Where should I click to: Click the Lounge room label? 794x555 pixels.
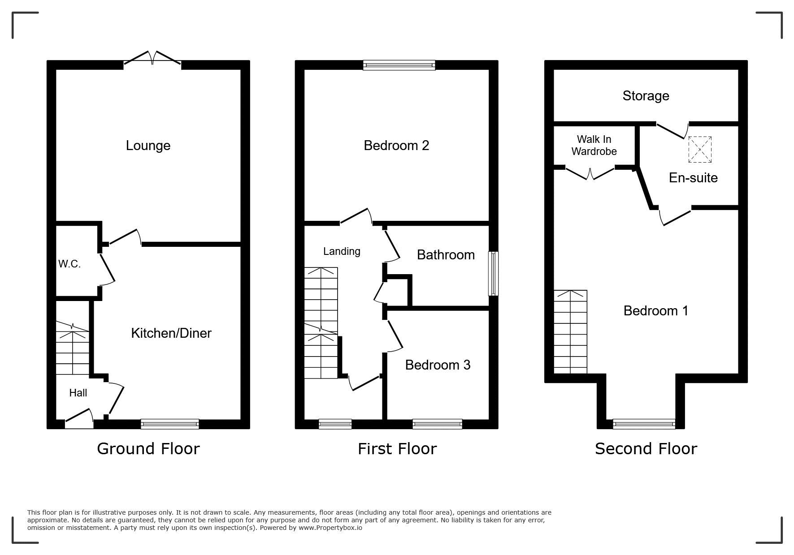148,146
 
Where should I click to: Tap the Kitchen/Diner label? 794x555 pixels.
171,333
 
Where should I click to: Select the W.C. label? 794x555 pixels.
69,264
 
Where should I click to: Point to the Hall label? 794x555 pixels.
78,393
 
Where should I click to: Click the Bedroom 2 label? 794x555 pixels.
396,145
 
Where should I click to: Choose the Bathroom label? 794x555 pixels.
446,254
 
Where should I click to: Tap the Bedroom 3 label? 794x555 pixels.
438,365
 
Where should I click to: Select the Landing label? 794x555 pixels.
342,251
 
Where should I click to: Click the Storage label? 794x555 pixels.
646,96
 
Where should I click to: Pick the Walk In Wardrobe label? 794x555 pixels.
594,146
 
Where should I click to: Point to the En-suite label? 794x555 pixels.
693,178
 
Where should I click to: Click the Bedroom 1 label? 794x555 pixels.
656,310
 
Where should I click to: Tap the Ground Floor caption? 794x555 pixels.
148,448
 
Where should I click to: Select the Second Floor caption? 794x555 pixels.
646,448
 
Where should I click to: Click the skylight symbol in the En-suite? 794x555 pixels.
700,150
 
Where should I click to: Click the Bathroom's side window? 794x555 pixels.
493,273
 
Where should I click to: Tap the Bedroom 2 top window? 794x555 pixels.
399,65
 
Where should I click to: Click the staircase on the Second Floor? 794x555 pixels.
570,332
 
